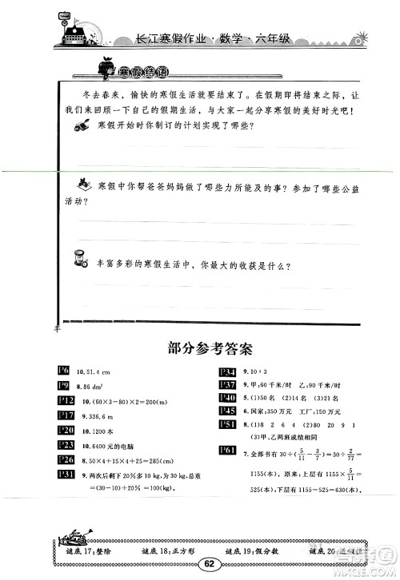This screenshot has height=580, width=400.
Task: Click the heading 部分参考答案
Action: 200,348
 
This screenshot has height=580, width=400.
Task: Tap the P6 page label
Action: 65,368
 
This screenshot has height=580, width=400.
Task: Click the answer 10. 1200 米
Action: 97,429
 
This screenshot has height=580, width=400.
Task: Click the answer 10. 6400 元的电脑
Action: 106,443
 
